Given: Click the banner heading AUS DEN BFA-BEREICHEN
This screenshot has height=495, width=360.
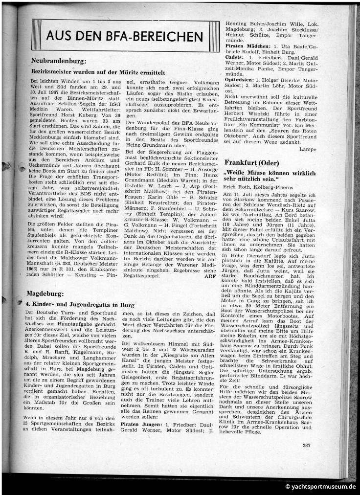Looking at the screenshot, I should pos(125,36).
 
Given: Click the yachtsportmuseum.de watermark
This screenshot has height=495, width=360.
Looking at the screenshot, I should pos(320,486).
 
